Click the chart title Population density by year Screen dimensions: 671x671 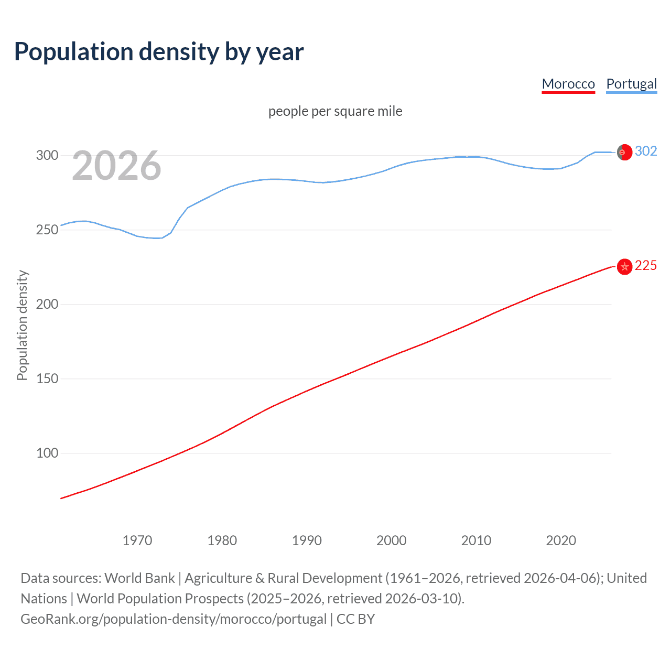159,52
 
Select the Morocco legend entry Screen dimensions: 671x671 568,84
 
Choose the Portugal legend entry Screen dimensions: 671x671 631,84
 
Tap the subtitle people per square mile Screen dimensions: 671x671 335,111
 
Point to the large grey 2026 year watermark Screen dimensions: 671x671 116,166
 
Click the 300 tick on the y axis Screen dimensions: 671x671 47,155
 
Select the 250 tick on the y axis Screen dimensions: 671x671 47,230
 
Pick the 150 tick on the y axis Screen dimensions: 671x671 47,378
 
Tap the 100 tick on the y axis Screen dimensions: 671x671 47,453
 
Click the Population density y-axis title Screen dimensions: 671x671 22,325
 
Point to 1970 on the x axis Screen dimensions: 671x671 137,540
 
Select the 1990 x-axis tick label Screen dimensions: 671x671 307,540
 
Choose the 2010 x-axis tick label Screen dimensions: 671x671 476,540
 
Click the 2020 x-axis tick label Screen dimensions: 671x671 561,540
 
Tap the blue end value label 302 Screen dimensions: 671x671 646,151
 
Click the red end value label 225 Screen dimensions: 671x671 646,266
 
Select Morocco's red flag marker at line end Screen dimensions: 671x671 624,267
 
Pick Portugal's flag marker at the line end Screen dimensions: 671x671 624,152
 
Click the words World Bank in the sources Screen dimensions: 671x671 139,578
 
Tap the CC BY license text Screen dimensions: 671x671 355,619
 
